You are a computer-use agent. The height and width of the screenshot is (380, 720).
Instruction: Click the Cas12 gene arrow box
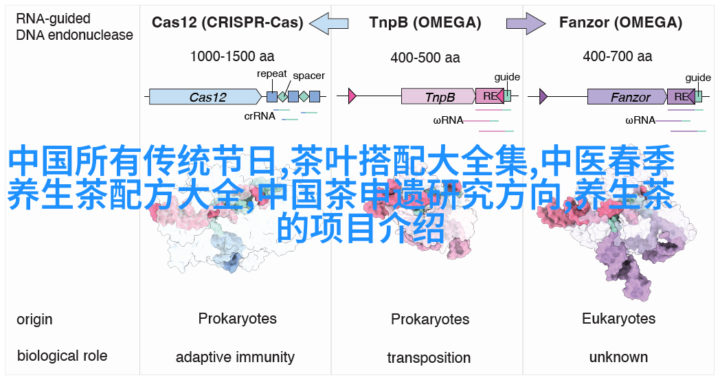[205, 97]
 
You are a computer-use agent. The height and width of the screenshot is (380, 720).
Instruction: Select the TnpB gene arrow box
[438, 97]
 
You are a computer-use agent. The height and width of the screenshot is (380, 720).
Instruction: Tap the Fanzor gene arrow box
[627, 97]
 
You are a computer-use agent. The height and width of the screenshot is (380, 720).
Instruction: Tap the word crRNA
[260, 116]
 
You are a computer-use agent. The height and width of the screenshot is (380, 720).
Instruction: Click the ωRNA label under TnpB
[448, 120]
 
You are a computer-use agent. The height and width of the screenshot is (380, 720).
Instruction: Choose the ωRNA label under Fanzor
[640, 120]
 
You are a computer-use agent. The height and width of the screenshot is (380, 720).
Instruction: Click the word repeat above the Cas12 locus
[272, 74]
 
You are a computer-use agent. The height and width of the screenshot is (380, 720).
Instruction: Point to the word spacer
[308, 76]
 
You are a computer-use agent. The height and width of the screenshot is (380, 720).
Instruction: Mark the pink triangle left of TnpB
[352, 97]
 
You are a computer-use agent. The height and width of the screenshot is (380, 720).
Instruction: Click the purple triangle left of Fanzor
[543, 97]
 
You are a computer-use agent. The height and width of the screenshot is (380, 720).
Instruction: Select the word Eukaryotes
[618, 319]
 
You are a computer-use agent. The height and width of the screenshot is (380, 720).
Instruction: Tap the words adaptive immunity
[235, 357]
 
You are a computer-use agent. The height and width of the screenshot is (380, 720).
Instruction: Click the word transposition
[429, 358]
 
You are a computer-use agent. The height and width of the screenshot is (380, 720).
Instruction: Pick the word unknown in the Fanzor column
[618, 357]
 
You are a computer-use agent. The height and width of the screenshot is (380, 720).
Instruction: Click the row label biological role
[62, 355]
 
